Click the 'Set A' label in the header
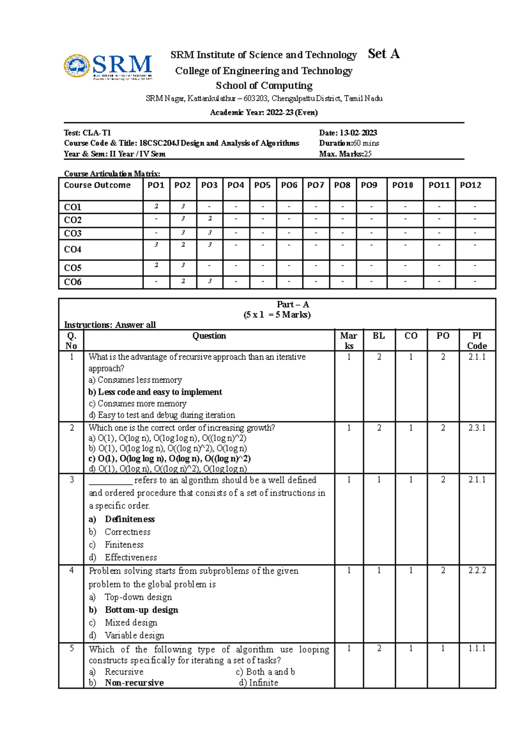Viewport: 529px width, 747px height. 384,54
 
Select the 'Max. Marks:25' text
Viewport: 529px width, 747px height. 345,154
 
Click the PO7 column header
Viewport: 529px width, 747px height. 316,185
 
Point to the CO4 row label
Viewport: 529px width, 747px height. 73,250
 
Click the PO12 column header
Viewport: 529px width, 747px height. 470,185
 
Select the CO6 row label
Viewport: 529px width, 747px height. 73,282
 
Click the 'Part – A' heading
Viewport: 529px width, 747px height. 293,304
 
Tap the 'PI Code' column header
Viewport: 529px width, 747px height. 477,341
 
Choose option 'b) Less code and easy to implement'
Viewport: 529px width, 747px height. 155,392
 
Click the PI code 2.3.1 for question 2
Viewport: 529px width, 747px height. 477,428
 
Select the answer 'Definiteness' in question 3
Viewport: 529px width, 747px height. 130,519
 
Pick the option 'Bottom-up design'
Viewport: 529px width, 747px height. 142,610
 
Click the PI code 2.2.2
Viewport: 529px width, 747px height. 477,570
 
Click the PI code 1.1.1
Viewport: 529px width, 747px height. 477,648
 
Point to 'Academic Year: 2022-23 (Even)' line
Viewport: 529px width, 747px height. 264,112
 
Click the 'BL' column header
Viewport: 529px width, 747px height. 379,336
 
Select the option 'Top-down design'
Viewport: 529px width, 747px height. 138,597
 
